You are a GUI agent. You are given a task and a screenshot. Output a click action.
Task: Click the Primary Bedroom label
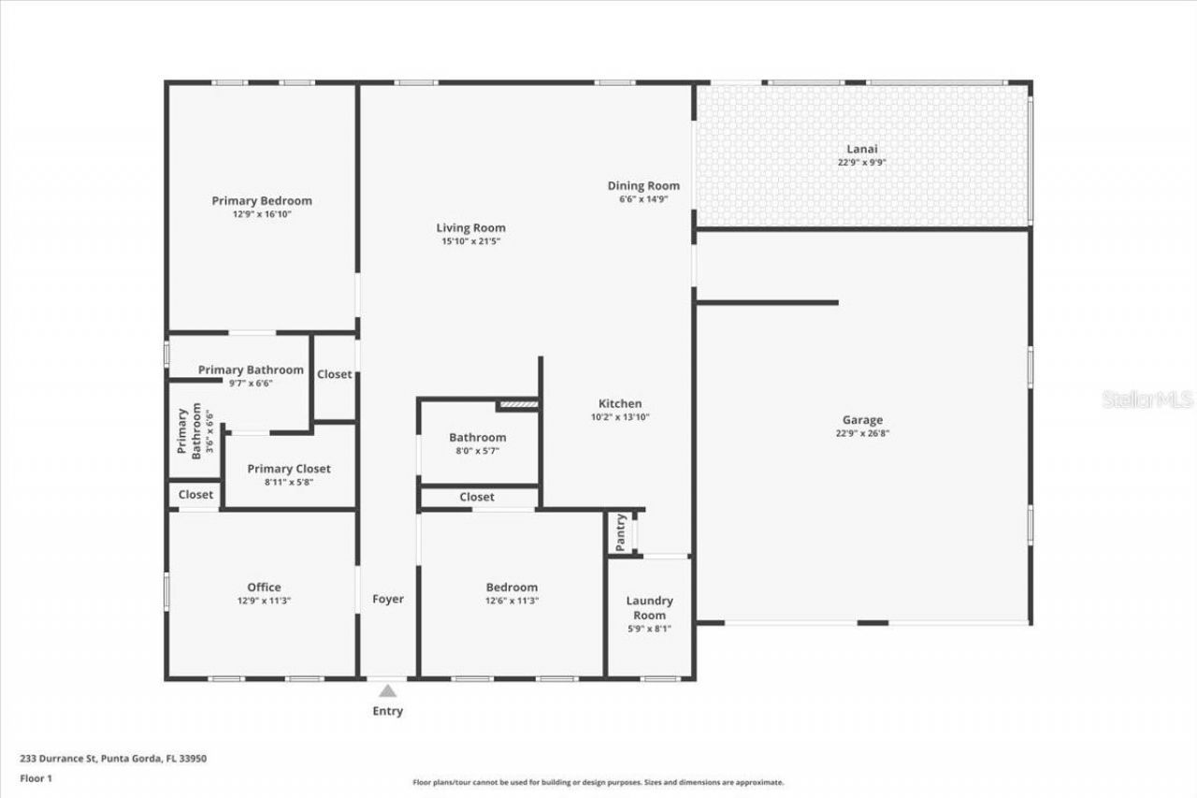(x=262, y=201)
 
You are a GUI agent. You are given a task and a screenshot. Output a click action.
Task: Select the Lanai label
(x=861, y=149)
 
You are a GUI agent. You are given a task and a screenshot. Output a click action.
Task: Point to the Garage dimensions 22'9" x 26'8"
(x=861, y=433)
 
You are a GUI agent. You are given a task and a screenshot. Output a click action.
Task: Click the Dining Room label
(x=643, y=186)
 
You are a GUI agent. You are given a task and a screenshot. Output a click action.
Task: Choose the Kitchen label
(x=619, y=403)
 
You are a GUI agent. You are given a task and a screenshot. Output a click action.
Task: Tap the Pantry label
(x=620, y=532)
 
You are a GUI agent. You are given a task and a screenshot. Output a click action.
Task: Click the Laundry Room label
(x=649, y=608)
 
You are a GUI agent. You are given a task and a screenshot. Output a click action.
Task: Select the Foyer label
(x=388, y=599)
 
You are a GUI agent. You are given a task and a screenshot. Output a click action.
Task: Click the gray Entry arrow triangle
(x=387, y=691)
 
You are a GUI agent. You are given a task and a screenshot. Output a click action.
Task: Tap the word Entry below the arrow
(x=387, y=711)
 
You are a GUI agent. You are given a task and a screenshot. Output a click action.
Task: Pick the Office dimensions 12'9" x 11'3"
(x=264, y=601)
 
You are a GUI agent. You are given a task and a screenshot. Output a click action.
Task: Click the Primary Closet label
(x=289, y=469)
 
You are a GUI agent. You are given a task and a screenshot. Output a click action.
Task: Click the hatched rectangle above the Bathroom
(x=517, y=404)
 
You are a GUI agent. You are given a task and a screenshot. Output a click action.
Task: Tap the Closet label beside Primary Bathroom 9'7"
(x=334, y=374)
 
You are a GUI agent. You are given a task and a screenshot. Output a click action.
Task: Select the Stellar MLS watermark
(x=1147, y=399)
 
